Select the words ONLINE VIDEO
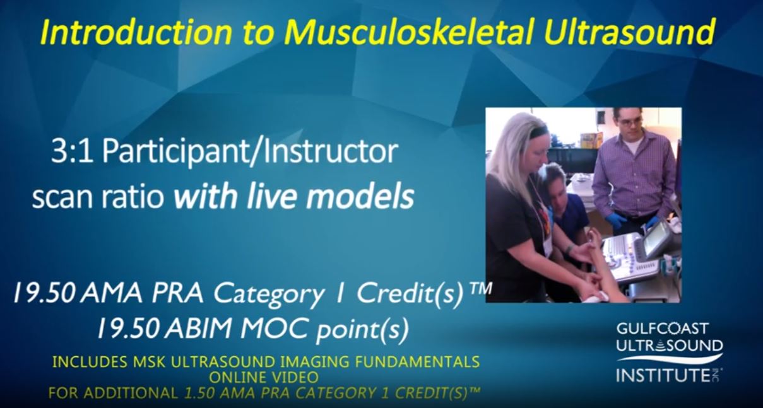coord(264,377)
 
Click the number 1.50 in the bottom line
coord(199,393)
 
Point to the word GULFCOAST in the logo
coord(663,329)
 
